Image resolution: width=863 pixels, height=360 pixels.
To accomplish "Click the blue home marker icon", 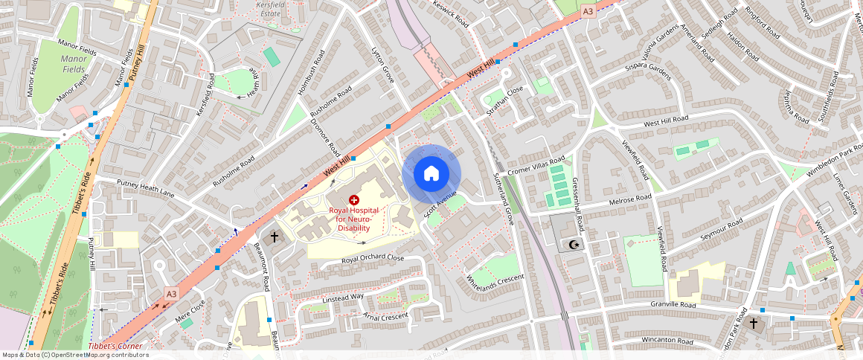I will [431, 174].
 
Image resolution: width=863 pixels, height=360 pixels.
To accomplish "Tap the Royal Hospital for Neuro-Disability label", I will [353, 219].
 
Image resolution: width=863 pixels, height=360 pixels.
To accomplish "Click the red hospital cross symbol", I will [353, 200].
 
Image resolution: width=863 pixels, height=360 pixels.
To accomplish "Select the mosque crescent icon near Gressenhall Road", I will [573, 244].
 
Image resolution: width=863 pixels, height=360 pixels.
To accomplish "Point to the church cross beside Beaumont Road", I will [275, 237].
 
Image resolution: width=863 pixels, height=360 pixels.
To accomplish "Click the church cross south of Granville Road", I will [753, 324].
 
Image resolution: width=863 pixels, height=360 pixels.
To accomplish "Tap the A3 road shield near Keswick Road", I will [588, 11].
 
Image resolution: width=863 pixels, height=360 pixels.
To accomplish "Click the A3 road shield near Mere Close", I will [171, 294].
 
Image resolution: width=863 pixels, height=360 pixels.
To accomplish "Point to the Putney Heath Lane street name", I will [146, 187].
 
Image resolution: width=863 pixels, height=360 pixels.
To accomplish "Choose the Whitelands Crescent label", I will [495, 282].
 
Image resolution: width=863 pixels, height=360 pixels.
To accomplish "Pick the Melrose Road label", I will [630, 199].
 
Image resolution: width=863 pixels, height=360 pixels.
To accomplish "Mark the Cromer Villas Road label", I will [536, 167].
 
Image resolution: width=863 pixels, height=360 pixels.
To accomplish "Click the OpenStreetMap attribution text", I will [74, 355].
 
